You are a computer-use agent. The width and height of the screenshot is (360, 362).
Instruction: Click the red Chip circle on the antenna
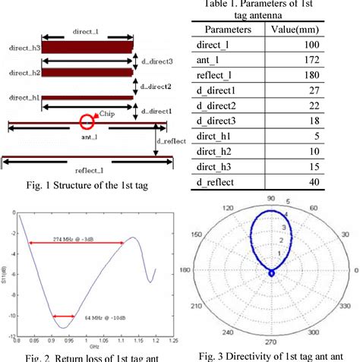(87, 120)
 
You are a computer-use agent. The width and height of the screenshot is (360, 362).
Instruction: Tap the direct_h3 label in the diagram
(21, 47)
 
